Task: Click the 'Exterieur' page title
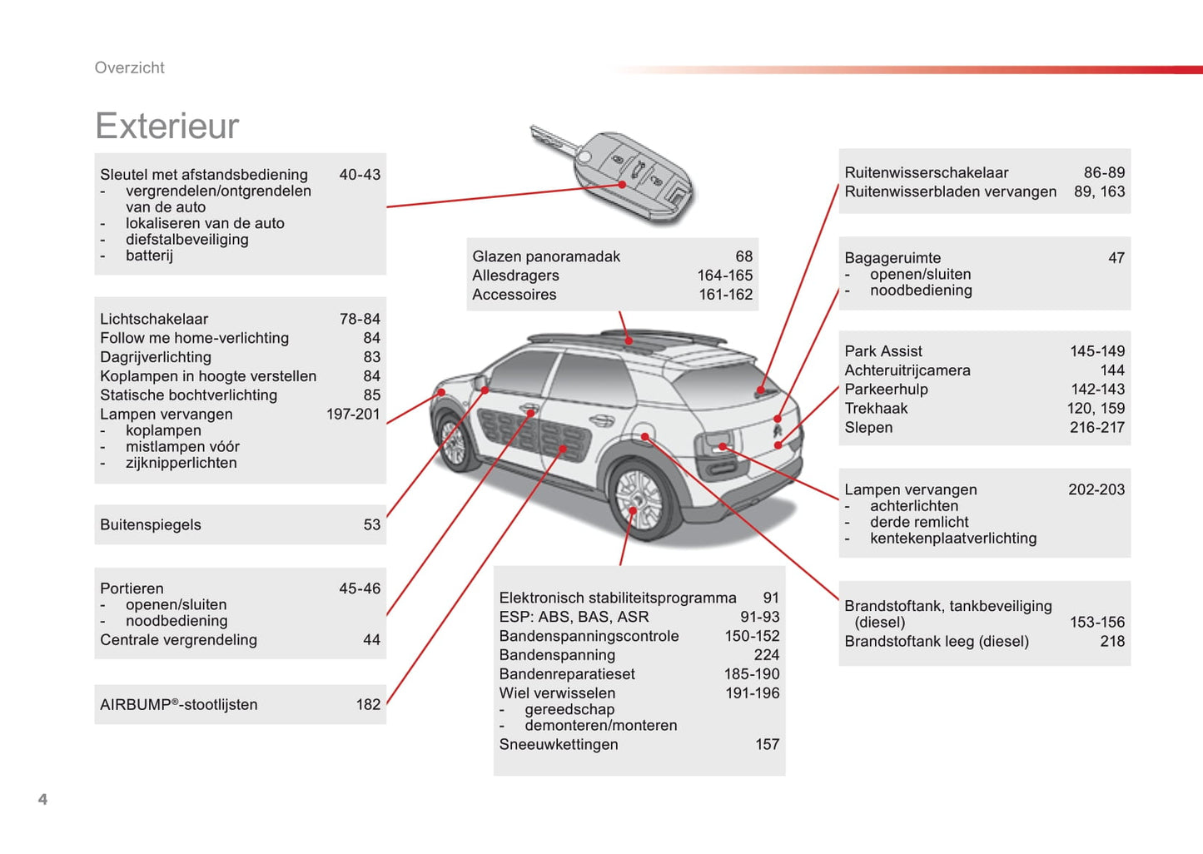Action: (167, 126)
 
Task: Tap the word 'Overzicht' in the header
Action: (129, 67)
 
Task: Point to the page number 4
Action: (43, 799)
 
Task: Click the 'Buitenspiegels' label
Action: (151, 524)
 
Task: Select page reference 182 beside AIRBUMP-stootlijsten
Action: (368, 704)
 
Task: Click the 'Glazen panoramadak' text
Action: (545, 256)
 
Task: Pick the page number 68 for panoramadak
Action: (743, 256)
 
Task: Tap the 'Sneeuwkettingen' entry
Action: (559, 744)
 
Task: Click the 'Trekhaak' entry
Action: (876, 408)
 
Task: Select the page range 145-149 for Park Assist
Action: (1097, 351)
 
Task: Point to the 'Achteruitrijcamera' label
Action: (907, 370)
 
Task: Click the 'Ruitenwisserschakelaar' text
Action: (927, 172)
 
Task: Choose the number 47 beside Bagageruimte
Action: (1116, 258)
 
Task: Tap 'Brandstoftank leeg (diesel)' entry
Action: (937, 641)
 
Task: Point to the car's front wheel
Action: (453, 442)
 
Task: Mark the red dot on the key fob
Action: (623, 184)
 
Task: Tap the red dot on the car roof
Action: (629, 340)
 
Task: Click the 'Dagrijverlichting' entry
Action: (155, 357)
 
